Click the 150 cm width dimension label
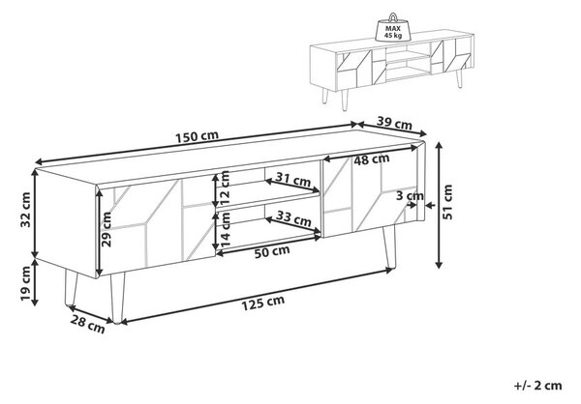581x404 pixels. (x=197, y=136)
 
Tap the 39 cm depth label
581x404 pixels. (x=394, y=123)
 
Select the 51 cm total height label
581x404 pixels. (x=448, y=202)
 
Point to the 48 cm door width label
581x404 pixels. (x=371, y=159)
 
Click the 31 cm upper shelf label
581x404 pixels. (x=292, y=180)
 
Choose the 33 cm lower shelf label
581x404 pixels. (x=293, y=218)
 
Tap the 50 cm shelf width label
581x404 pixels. (x=272, y=251)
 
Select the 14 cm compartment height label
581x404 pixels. (x=226, y=230)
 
